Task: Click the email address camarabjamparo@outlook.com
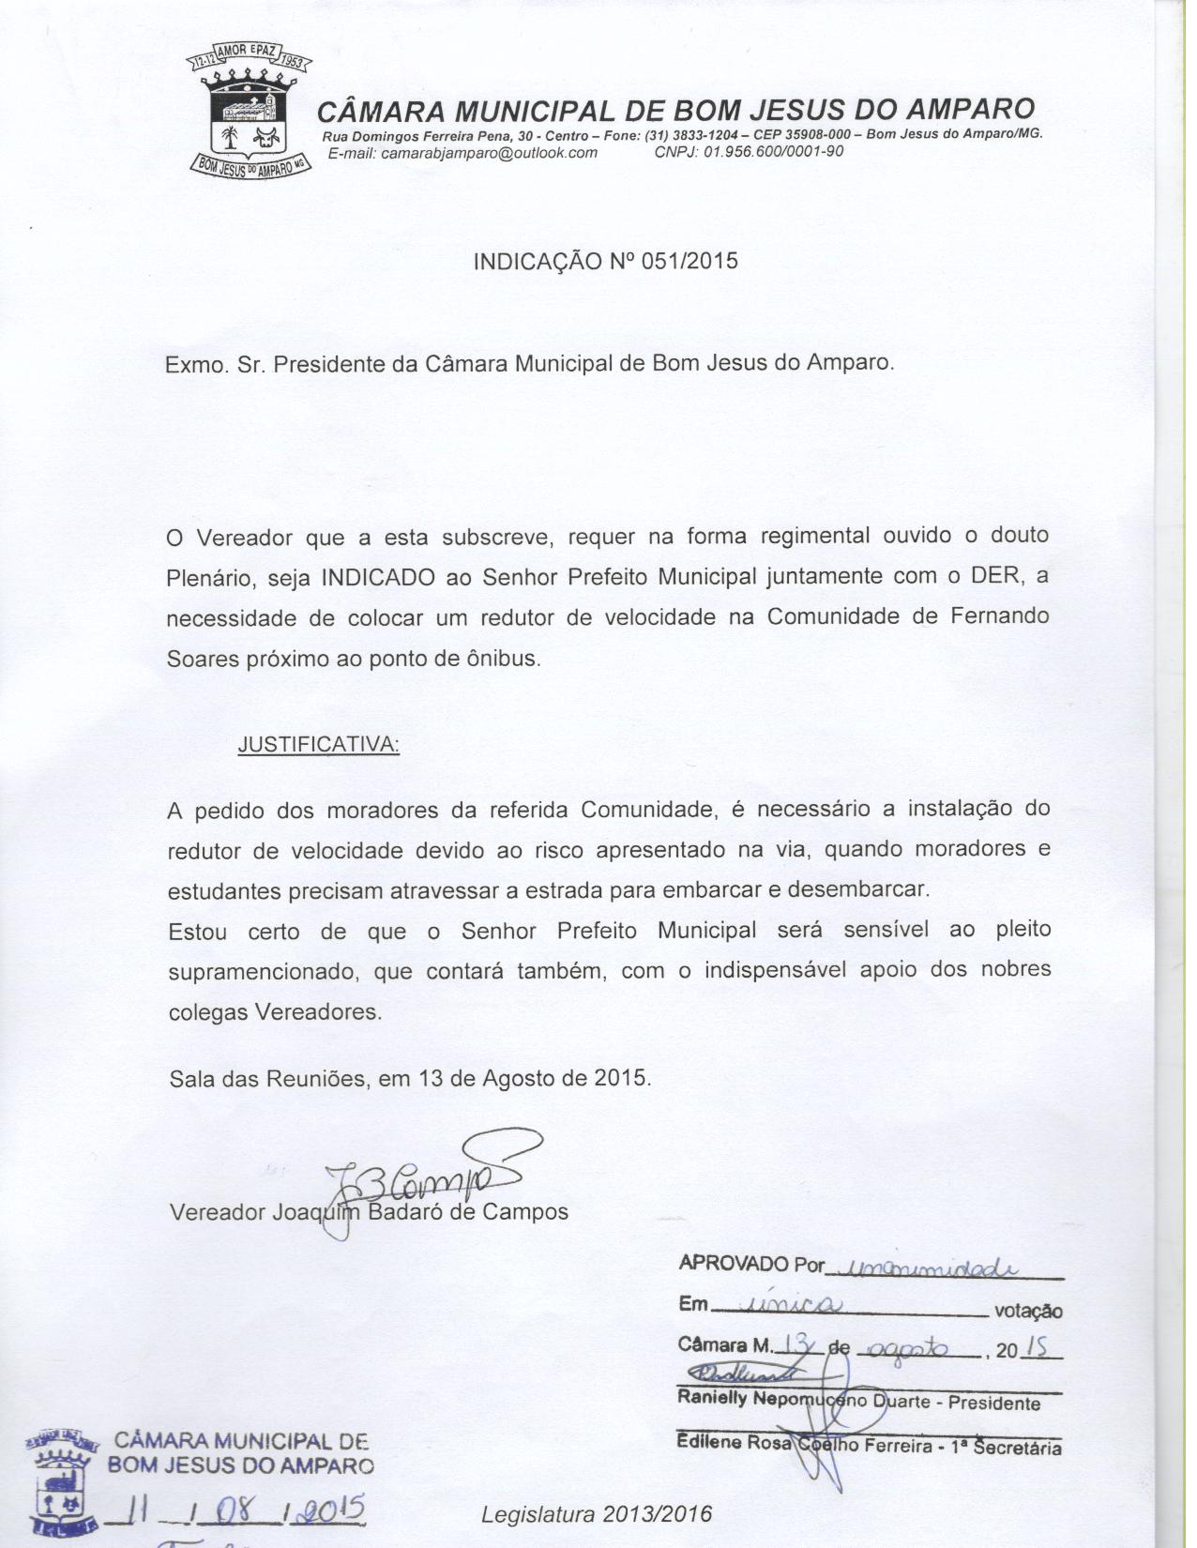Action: (462, 153)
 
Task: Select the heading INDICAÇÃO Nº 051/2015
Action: (605, 261)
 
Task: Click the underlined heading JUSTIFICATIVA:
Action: (318, 745)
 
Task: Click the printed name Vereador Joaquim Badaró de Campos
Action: (369, 1212)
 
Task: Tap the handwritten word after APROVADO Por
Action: (923, 1267)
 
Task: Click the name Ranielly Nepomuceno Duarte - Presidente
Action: (858, 1403)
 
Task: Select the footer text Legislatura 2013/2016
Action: (597, 1513)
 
